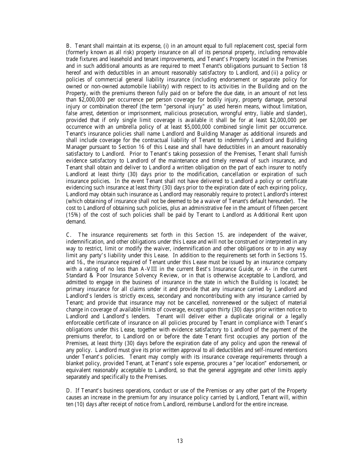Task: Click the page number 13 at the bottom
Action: pyautogui.click(x=180, y=441)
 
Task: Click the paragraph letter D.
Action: pyautogui.click(x=68, y=391)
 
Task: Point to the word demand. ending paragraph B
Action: pyautogui.click(x=76, y=222)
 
